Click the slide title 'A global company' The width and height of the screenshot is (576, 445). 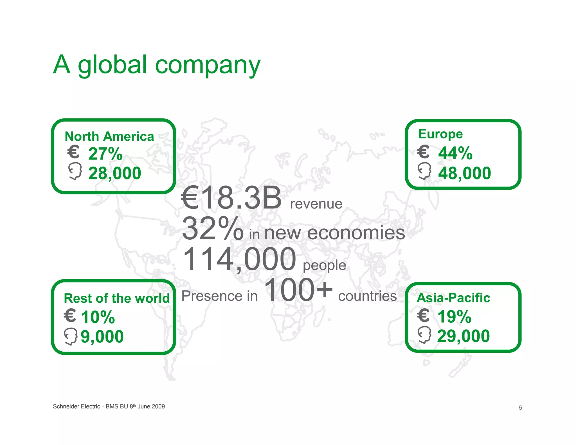click(x=157, y=65)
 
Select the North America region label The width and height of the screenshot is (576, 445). click(x=109, y=136)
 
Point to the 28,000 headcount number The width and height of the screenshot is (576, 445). click(x=114, y=173)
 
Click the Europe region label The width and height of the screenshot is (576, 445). click(x=440, y=134)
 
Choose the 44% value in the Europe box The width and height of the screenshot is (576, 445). click(x=455, y=153)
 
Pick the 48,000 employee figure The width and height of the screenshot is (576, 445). click(x=464, y=173)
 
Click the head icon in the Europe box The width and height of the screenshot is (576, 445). click(x=424, y=171)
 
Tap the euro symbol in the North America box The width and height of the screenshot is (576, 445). click(x=73, y=152)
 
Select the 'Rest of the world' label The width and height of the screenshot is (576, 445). click(x=117, y=298)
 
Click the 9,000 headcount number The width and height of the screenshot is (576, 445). click(x=102, y=336)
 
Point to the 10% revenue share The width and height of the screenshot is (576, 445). click(x=98, y=317)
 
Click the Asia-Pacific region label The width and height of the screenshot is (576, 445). click(x=453, y=298)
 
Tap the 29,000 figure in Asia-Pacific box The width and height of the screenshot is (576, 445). click(x=463, y=336)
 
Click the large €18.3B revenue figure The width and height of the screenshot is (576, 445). click(x=231, y=198)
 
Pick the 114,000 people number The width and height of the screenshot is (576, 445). click(x=239, y=259)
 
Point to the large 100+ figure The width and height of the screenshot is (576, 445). click(x=298, y=290)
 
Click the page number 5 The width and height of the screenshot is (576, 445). click(x=520, y=408)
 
